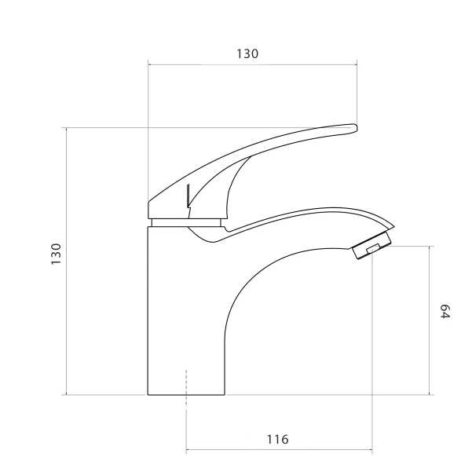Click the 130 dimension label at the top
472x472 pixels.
tap(247, 54)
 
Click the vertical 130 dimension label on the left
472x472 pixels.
tap(57, 254)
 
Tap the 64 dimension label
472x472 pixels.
tap(445, 312)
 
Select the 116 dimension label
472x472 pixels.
tap(277, 440)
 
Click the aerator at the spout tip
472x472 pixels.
tap(371, 245)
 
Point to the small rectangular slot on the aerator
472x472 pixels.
tap(373, 249)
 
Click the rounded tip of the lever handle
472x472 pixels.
tap(354, 128)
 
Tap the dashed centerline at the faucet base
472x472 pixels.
tap(186, 389)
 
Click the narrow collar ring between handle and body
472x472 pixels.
tap(186, 223)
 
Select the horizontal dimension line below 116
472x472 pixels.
tap(279, 450)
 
